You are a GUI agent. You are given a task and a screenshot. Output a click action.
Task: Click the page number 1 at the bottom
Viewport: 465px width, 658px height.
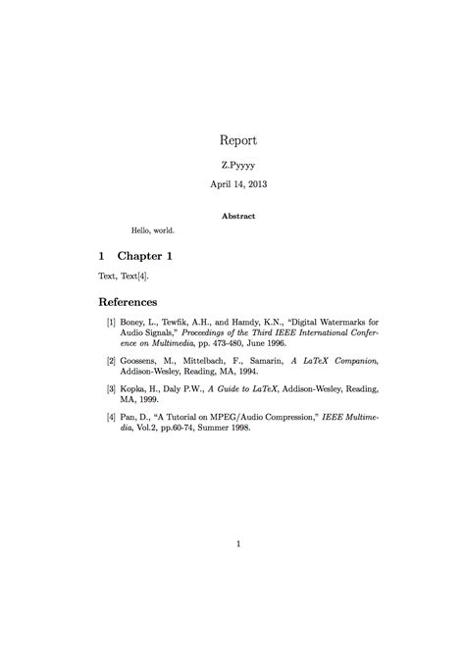(238, 544)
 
